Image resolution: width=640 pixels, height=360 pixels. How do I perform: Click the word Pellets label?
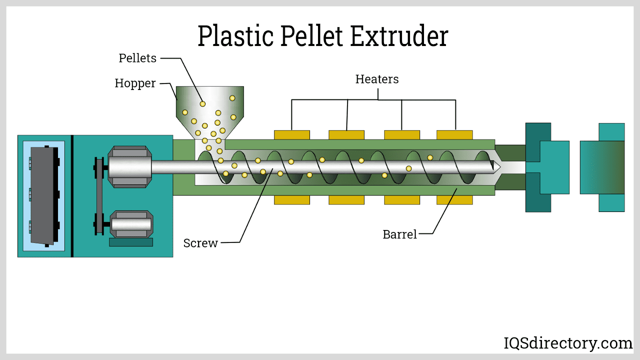click(x=137, y=58)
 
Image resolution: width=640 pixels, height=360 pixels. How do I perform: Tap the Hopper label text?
click(x=135, y=83)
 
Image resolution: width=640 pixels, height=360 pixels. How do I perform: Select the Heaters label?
click(x=377, y=79)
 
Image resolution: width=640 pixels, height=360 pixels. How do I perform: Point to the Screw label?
click(x=200, y=243)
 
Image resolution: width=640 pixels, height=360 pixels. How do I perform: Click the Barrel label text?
click(x=400, y=234)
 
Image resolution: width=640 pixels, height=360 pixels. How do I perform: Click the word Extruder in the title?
click(x=399, y=36)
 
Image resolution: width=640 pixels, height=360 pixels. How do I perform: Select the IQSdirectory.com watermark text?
click(x=568, y=343)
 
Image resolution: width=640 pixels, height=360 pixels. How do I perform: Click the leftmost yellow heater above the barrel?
click(x=292, y=135)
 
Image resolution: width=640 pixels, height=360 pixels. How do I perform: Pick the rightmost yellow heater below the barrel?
click(x=454, y=200)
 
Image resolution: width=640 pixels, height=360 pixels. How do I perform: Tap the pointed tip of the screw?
click(x=497, y=166)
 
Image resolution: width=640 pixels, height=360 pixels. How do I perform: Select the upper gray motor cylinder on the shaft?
click(x=130, y=167)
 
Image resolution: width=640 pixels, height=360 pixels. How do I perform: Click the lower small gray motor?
click(x=131, y=224)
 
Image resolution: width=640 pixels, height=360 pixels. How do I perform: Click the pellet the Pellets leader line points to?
click(x=203, y=104)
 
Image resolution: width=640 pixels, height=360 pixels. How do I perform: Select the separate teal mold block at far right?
click(x=602, y=167)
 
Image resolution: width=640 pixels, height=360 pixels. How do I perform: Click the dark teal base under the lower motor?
click(x=131, y=242)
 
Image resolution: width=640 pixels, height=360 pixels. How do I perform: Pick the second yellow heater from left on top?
click(x=346, y=135)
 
